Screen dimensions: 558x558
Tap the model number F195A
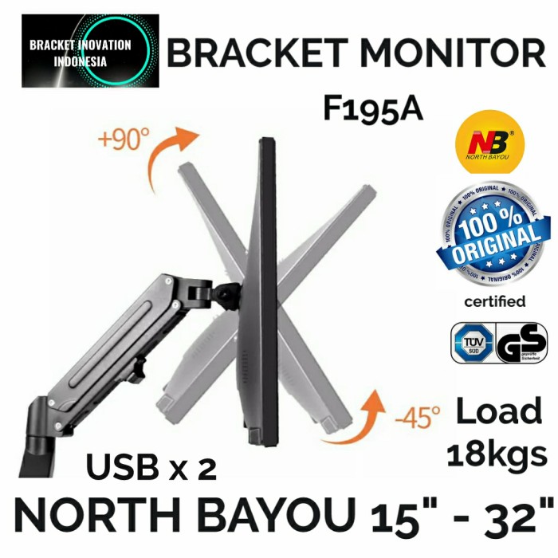(372, 108)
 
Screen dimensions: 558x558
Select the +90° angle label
(124, 140)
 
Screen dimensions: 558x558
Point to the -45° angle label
(417, 415)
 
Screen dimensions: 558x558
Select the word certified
(494, 301)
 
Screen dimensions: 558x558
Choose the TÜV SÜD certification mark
(473, 343)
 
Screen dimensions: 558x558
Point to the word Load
(498, 412)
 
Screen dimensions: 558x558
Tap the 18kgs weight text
(497, 454)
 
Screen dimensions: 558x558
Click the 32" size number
(509, 517)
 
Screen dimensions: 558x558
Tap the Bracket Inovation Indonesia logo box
(90, 51)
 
